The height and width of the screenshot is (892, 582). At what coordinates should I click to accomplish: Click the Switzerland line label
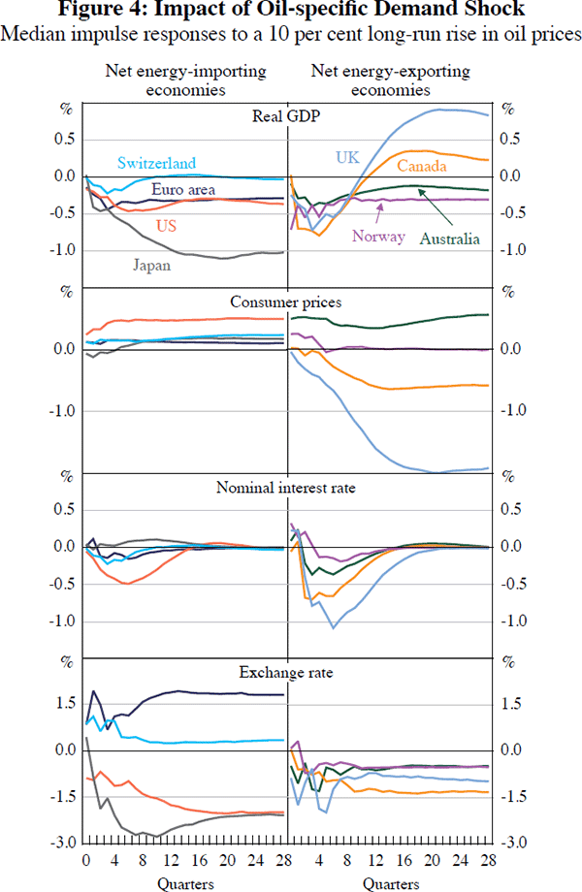pos(156,164)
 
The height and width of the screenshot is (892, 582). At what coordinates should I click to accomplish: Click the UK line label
pos(347,156)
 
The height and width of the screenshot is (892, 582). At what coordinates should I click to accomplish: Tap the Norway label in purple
pos(378,236)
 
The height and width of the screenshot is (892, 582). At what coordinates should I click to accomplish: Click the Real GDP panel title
pos(288,117)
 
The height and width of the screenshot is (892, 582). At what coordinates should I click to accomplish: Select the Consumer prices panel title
pos(288,302)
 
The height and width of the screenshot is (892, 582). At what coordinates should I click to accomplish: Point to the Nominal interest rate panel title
pos(288,487)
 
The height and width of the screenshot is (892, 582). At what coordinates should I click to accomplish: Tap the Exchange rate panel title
pos(288,670)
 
